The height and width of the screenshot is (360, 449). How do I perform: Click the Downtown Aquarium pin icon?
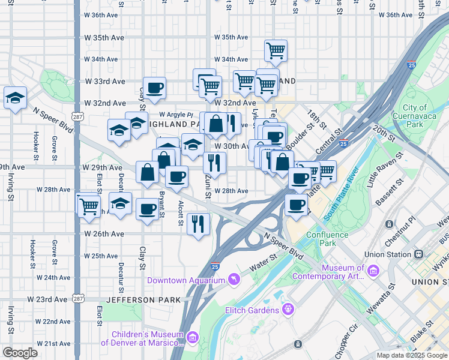click(235, 280)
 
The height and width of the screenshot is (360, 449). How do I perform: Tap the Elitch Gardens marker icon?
click(289, 310)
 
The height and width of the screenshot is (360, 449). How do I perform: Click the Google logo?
click(20, 352)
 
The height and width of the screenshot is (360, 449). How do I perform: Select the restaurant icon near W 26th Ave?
click(198, 224)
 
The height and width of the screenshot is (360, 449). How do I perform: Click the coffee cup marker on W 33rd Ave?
click(154, 88)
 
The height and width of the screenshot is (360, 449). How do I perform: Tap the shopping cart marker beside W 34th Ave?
click(276, 51)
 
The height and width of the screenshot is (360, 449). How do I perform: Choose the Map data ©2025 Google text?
click(411, 355)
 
